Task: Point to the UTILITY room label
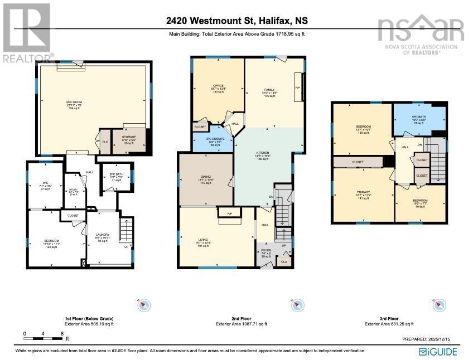[72, 191]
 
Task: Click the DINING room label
[206, 179]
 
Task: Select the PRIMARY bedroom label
[363, 193]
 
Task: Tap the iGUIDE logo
[438, 351]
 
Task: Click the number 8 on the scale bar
[61, 334]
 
